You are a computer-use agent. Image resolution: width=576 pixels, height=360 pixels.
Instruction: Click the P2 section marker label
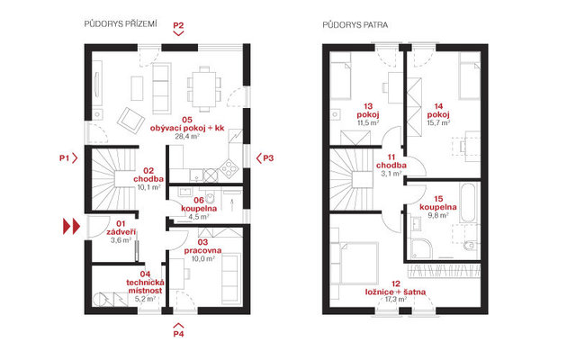pos(178,25)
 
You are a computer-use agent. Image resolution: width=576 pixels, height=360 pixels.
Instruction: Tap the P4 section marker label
pos(178,334)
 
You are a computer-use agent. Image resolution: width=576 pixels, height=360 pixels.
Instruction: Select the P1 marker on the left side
pos(64,158)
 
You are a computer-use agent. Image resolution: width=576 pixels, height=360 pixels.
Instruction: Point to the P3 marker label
pos(268,158)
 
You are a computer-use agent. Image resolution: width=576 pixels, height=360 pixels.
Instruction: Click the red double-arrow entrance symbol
pos(71,226)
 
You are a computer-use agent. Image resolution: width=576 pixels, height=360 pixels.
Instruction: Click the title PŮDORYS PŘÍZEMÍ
pos(121,24)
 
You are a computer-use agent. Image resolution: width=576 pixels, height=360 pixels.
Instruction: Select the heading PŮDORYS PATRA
pos(355,25)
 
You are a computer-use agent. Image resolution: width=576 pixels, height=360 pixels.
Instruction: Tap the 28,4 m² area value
pos(187,136)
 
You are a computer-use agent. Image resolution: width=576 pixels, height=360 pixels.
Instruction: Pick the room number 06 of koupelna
pos(199,200)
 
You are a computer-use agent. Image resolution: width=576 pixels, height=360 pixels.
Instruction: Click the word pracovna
pos(202,250)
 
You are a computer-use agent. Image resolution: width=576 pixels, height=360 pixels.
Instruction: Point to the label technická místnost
pos(145,286)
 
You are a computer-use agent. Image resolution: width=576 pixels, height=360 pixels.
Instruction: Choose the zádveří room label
pos(121,232)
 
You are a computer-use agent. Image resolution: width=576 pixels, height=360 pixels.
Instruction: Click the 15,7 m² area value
pos(438,122)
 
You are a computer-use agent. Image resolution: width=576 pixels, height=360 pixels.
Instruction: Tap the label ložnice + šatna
pos(396,292)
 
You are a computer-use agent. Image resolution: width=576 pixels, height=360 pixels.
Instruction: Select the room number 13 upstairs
pos(368,106)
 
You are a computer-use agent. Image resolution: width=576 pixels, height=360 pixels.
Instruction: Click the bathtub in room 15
pos(468,202)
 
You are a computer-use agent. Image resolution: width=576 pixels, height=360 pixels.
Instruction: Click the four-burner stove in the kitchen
pos(229,168)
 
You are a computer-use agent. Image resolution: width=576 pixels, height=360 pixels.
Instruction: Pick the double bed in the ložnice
pos(358,263)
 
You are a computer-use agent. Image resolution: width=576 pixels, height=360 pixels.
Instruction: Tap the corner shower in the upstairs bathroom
pos(421,248)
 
